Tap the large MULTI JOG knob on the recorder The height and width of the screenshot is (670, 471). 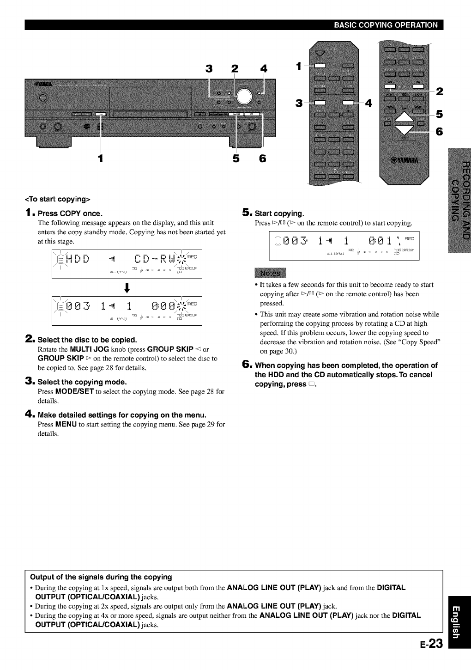click(x=243, y=96)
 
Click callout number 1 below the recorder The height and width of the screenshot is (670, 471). click(x=100, y=159)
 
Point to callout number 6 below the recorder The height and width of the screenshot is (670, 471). click(x=263, y=159)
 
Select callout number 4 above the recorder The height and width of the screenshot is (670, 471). click(x=264, y=69)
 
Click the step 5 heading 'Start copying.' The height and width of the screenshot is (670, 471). click(x=279, y=213)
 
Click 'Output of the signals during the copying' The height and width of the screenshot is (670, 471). click(x=101, y=577)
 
